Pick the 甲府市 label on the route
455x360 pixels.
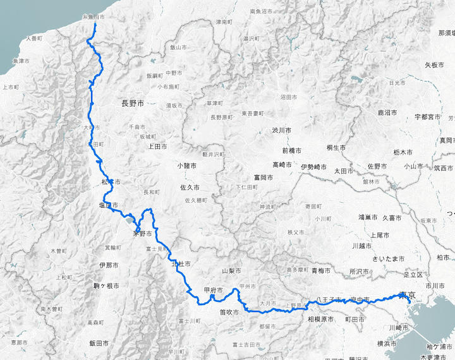(x=213, y=291)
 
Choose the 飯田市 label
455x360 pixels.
(x=99, y=344)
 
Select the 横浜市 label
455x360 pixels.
(x=387, y=344)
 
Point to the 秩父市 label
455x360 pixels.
(x=296, y=232)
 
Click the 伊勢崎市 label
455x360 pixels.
(x=315, y=167)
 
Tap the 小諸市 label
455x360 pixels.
(x=188, y=165)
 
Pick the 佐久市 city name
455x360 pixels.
(x=190, y=188)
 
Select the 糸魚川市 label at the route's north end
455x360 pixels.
(x=94, y=18)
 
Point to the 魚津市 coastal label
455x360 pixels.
(x=22, y=61)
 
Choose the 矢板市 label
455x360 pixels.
(x=435, y=64)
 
